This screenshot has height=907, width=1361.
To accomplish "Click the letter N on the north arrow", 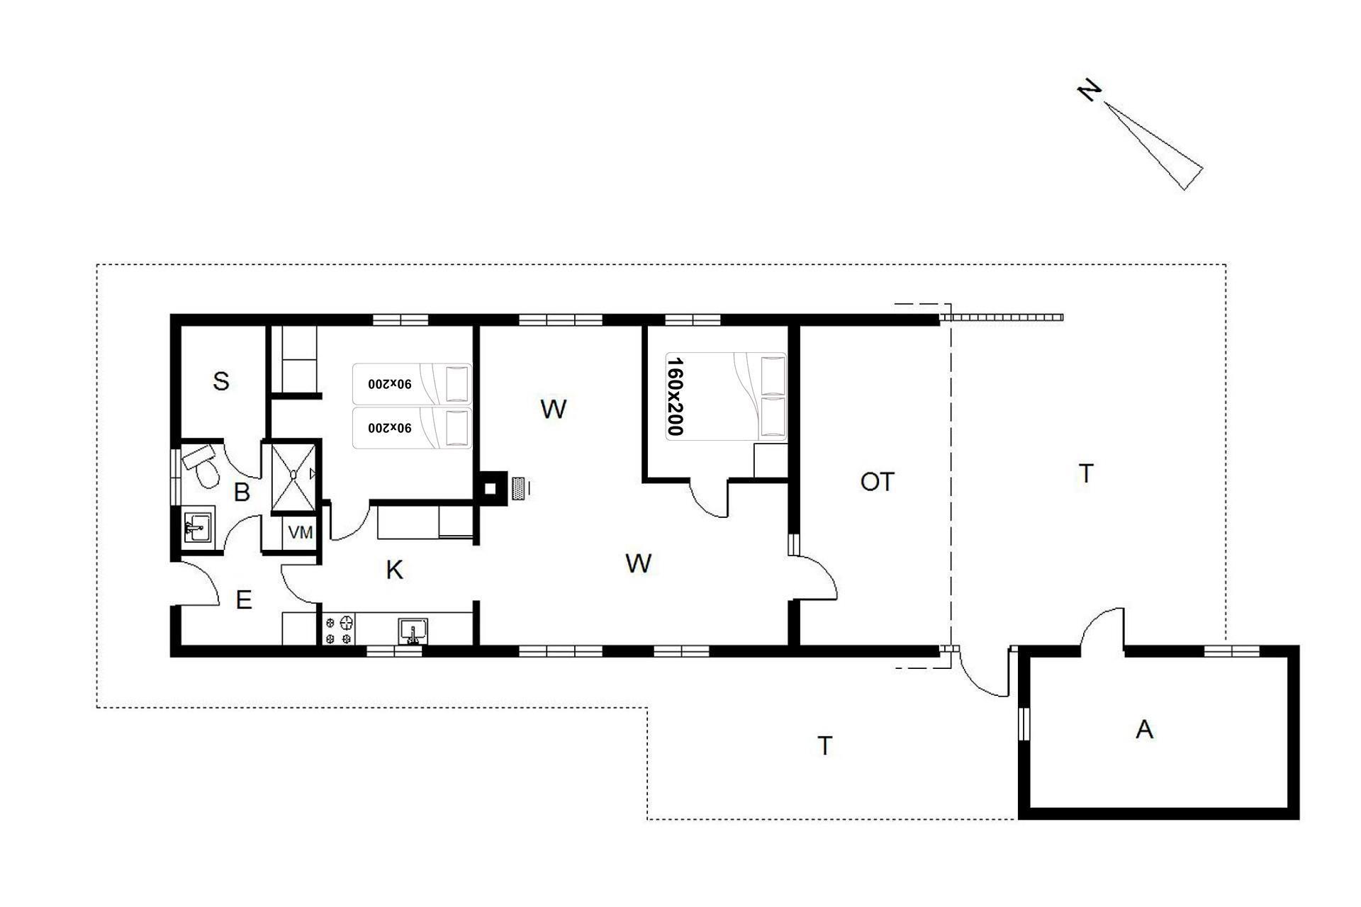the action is point(1090,91).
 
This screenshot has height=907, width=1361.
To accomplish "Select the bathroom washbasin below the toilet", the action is point(198,527).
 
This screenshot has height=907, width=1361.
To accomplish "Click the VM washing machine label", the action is point(301,532).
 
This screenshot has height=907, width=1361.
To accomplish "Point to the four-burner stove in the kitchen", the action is point(339,629).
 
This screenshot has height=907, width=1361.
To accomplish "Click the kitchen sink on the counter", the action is point(413,631).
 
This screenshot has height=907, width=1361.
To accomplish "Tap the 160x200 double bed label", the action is point(675,396).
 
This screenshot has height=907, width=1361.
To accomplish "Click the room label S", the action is point(221,381).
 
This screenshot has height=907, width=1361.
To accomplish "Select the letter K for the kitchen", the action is point(395,570).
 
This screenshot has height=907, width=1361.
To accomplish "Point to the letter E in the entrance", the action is point(243,600).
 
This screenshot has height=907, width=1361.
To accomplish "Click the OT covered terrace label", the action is point(877,482).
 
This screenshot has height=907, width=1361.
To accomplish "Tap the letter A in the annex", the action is point(1144,729).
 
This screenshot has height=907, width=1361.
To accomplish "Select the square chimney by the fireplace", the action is point(490,488).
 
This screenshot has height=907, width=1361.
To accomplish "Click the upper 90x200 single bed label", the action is point(389,384).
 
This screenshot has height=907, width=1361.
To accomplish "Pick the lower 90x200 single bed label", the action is point(389,428).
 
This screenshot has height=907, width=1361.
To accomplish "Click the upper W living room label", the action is point(553,409).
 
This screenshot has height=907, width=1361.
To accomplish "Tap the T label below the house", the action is point(824,745).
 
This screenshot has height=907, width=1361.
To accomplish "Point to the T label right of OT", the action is point(1085,473).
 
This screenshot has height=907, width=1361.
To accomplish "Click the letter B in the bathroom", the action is point(242,492).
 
